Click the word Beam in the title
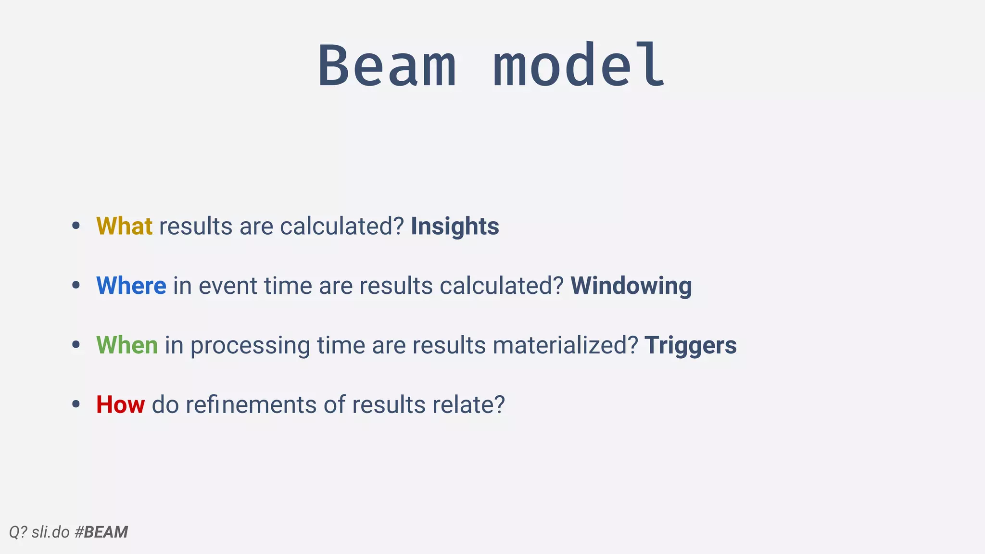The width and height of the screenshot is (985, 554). click(x=387, y=66)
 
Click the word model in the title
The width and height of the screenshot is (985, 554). click(x=580, y=66)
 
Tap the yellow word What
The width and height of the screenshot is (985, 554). click(x=124, y=226)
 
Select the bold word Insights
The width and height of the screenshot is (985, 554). click(x=455, y=226)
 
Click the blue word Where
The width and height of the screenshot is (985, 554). click(x=131, y=286)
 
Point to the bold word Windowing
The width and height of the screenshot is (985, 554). click(x=631, y=286)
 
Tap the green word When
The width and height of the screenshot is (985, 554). click(x=127, y=345)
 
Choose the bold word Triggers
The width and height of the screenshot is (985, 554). click(x=690, y=345)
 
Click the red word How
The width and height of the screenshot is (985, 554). click(x=120, y=404)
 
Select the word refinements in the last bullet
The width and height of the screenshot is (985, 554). click(x=251, y=404)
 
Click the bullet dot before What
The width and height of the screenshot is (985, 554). click(x=76, y=226)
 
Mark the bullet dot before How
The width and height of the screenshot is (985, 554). click(x=76, y=404)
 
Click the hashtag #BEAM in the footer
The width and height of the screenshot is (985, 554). click(x=101, y=532)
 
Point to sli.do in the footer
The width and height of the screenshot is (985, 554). click(x=51, y=532)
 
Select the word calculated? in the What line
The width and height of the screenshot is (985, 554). click(x=341, y=226)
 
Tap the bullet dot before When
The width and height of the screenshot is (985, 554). click(x=76, y=345)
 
